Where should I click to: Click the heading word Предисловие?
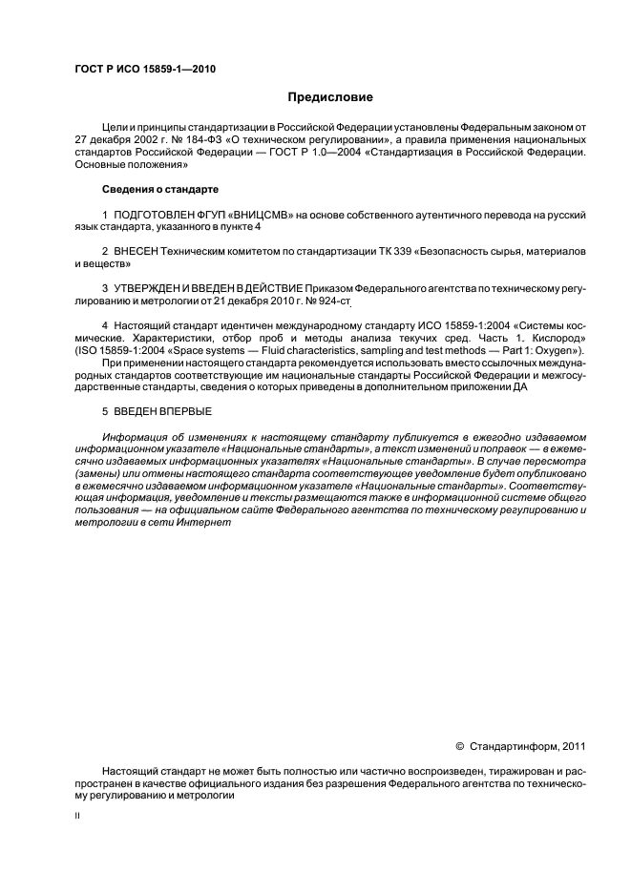point(331,97)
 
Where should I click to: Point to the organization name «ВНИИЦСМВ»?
point(246,217)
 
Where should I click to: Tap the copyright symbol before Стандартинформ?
point(460,746)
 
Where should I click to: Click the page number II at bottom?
point(76,817)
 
